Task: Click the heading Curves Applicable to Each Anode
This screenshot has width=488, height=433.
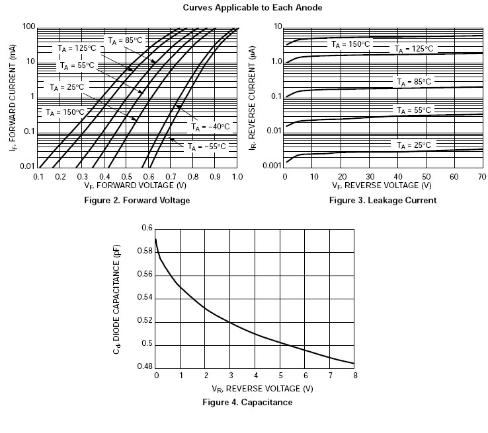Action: tap(243, 9)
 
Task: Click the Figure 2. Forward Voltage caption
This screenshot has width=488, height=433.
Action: tap(137, 200)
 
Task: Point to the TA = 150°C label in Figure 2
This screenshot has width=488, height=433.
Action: tap(65, 113)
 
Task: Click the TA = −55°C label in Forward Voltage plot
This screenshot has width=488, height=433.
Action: tap(207, 147)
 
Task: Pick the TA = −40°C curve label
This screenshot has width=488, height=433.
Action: tap(210, 126)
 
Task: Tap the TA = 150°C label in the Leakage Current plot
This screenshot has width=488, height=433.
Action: tap(351, 44)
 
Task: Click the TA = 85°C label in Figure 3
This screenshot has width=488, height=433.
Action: tap(413, 82)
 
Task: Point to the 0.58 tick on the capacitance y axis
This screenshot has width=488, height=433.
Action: tap(147, 251)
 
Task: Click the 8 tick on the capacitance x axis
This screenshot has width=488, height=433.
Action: tap(355, 376)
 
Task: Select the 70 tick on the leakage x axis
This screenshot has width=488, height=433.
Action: tap(482, 178)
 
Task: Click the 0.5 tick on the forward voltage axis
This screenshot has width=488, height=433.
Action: tap(127, 178)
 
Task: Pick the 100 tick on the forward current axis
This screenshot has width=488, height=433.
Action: tap(28, 27)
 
